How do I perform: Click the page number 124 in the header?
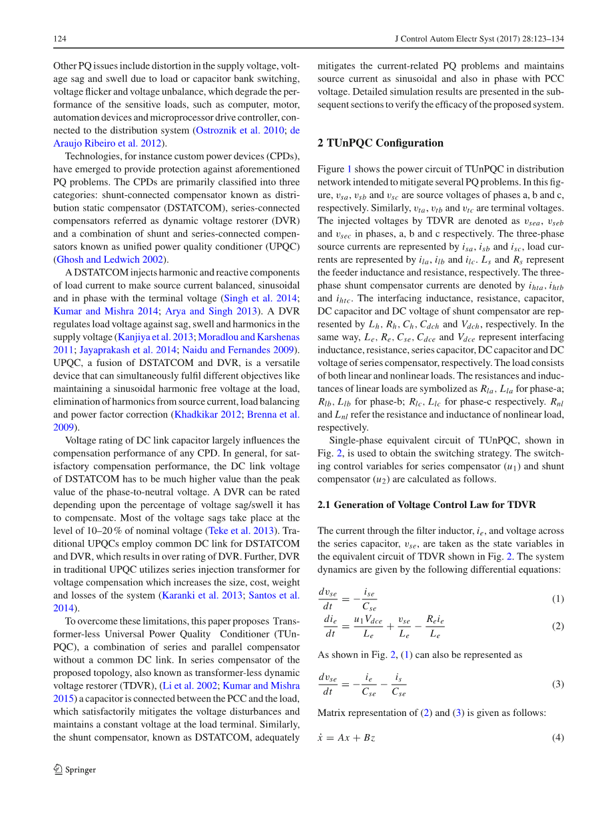59,39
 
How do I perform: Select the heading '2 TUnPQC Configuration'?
380,143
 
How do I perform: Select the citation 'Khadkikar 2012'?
204,414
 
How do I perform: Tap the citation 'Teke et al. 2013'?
240,531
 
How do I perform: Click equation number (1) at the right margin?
557,599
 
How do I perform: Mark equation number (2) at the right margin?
557,627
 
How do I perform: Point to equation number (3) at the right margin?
557,684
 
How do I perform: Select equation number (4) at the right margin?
557,738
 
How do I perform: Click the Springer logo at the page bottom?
75,769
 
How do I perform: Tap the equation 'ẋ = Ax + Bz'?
346,738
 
